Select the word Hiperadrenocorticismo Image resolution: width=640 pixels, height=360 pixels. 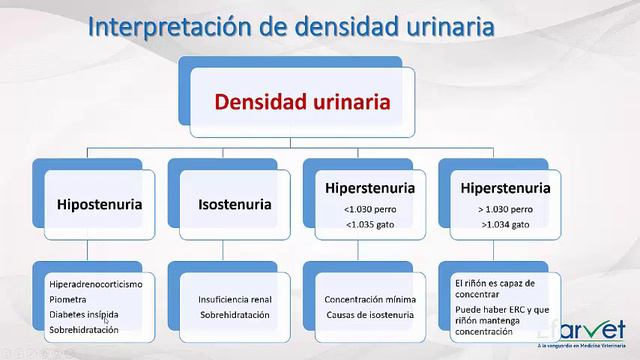point(95,285)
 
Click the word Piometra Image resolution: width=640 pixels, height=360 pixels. point(68,299)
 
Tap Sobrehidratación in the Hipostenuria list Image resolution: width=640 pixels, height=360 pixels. point(83,329)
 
